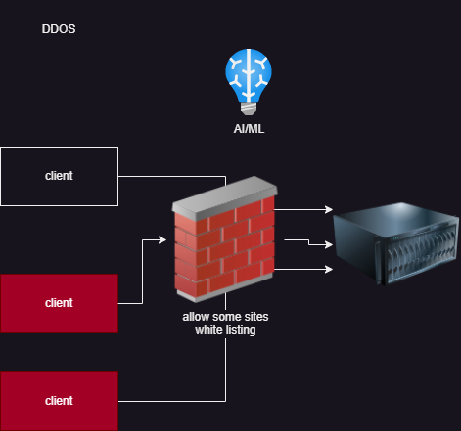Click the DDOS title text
(x=59, y=29)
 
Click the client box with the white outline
(x=59, y=176)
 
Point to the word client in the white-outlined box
(x=59, y=176)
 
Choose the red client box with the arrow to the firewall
(x=59, y=303)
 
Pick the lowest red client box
(x=59, y=401)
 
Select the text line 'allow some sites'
(x=223, y=318)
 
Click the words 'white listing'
(x=223, y=331)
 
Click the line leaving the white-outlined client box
(x=171, y=177)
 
